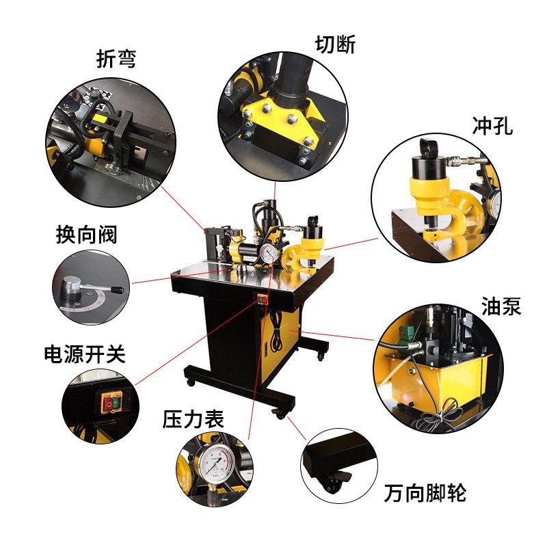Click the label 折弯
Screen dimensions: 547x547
click(116, 59)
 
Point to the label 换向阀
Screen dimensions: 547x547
click(86, 235)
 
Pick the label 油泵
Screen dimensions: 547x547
click(501, 306)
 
